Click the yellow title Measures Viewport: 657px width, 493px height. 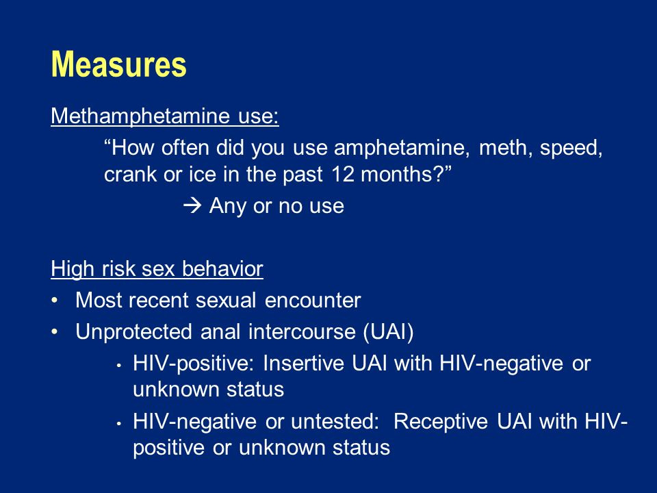click(x=118, y=64)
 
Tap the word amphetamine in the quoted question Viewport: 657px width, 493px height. click(x=402, y=148)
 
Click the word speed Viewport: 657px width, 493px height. click(x=571, y=149)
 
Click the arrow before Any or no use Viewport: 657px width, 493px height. click(x=192, y=205)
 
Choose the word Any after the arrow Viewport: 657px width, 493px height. click(x=227, y=206)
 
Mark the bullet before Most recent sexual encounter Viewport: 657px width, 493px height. click(x=55, y=301)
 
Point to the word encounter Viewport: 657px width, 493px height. click(x=313, y=300)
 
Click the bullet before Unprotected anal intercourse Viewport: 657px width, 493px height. click(x=55, y=332)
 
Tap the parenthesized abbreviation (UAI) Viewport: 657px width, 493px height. click(x=389, y=331)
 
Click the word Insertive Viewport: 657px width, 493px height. click(x=303, y=363)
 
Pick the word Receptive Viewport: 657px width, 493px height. click(x=440, y=421)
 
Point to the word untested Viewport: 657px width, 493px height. click(x=335, y=421)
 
